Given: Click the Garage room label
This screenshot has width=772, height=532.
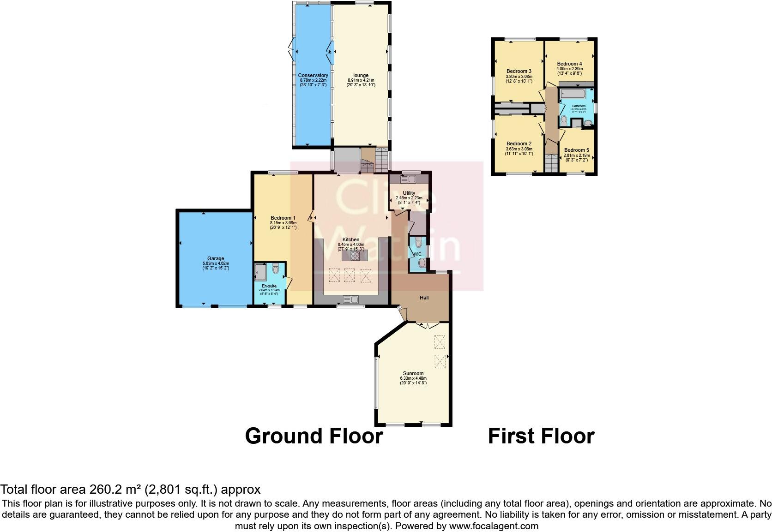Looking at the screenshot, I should click(x=215, y=259).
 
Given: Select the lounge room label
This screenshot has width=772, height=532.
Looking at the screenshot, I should click(x=361, y=76).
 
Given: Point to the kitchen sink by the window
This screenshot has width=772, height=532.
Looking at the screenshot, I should click(x=351, y=300).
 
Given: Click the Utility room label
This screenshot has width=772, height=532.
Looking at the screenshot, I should click(x=409, y=193).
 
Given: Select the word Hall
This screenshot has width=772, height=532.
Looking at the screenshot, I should click(x=424, y=298).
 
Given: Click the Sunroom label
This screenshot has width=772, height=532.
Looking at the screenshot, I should click(x=413, y=373).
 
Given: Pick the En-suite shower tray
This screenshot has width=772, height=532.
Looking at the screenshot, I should click(x=260, y=272).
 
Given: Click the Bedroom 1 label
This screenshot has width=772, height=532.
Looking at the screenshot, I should click(x=283, y=218).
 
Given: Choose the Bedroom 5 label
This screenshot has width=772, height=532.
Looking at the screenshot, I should click(x=576, y=150).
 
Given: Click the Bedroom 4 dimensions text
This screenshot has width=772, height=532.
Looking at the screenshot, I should click(x=569, y=71).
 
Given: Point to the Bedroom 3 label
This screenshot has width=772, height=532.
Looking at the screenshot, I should click(x=519, y=71).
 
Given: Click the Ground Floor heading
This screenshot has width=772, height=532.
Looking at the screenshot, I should click(x=314, y=436).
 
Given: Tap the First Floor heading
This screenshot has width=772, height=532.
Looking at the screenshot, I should click(x=541, y=436).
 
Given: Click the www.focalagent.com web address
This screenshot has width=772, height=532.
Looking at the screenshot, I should click(x=493, y=526).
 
